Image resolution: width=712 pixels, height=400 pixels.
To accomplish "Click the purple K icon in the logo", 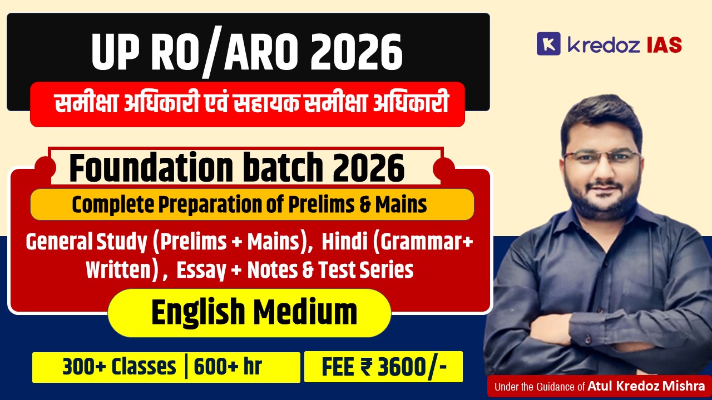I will (548, 44).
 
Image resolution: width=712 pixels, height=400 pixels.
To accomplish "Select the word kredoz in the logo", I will (603, 44).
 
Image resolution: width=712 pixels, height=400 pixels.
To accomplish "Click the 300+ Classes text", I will (119, 367).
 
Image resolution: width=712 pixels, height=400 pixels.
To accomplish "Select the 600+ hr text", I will (228, 367).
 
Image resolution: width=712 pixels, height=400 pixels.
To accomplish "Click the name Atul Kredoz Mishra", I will (646, 386).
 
